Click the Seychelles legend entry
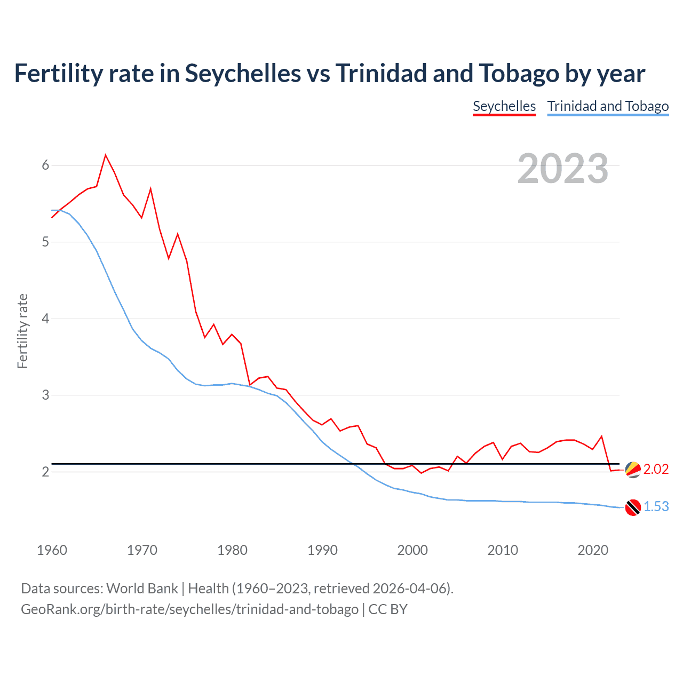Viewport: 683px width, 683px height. (504, 106)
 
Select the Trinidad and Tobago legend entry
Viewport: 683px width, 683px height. (608, 106)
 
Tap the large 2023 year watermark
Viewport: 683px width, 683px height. (562, 169)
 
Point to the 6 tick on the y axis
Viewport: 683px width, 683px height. (45, 165)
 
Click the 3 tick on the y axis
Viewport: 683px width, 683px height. (45, 395)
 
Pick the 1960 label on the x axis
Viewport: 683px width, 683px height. (52, 550)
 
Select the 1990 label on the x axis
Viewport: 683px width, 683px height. (322, 550)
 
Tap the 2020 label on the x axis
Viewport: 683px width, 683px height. (593, 550)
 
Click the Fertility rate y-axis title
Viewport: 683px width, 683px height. (22, 331)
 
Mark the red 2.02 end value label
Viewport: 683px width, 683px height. (656, 469)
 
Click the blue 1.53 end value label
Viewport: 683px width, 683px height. (656, 506)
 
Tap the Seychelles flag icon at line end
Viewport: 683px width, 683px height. (633, 470)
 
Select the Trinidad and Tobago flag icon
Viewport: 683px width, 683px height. (633, 507)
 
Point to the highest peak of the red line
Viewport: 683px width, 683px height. (106, 155)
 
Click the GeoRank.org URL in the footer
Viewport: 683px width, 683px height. (189, 609)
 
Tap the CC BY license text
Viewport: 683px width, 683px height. (388, 609)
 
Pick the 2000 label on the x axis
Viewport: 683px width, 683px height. (412, 550)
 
